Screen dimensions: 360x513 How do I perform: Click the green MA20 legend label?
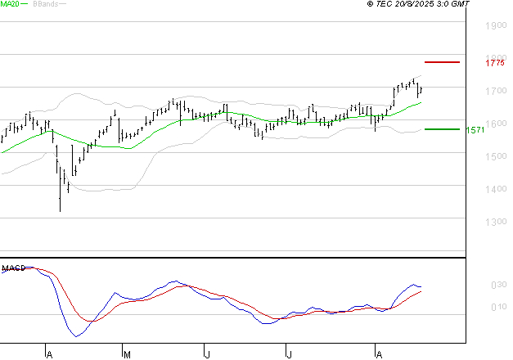tap(9, 4)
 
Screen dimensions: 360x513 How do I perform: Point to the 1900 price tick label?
tap(495, 25)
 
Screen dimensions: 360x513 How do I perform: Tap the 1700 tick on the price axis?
tap(495, 91)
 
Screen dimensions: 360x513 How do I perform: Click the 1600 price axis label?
tap(495, 124)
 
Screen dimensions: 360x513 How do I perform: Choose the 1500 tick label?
tap(495, 156)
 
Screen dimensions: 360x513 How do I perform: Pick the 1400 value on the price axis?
tap(495, 189)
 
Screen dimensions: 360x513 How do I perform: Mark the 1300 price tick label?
tap(495, 222)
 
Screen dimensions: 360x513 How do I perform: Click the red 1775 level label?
tap(494, 62)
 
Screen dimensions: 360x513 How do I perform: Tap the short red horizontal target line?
tap(442, 62)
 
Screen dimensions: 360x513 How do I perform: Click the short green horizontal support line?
tap(442, 129)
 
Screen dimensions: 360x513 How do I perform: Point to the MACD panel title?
tap(13, 267)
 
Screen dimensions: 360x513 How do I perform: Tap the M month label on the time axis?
tap(127, 354)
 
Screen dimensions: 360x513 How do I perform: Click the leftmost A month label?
tap(49, 354)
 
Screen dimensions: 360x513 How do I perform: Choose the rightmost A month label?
tap(378, 354)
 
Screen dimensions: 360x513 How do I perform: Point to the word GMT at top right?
tap(461, 4)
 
